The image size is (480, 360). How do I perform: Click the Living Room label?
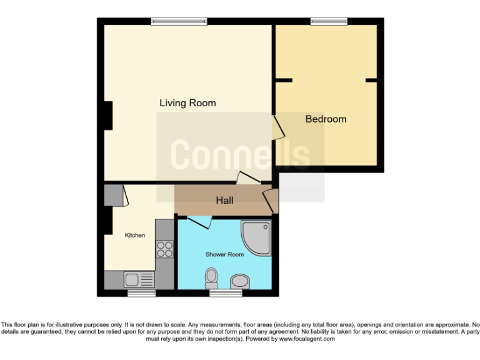point(187,103)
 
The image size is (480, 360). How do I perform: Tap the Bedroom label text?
point(326,119)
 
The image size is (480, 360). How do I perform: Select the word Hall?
point(224,200)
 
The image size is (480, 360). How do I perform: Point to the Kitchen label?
point(135,235)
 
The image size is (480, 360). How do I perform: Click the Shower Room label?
point(224,254)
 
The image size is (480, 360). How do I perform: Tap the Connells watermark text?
point(240,154)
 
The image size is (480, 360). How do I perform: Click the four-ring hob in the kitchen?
point(165,249)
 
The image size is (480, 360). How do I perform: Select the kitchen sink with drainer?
point(139,279)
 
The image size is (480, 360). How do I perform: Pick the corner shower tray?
point(257,237)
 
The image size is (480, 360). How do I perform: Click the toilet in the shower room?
point(211,276)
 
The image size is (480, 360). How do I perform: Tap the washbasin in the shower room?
point(239,281)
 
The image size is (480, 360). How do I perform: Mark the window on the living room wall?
point(179,21)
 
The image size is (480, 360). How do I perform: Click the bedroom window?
point(329,21)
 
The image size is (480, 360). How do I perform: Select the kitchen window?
point(141,292)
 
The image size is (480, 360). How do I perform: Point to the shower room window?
point(225,292)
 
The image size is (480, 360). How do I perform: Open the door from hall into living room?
point(248,178)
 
